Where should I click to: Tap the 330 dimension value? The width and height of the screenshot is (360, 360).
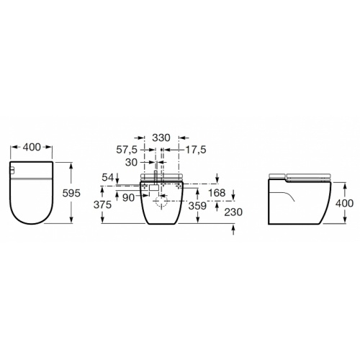pyautogui.click(x=162, y=137)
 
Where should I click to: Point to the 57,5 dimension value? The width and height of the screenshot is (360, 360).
pyautogui.click(x=129, y=150)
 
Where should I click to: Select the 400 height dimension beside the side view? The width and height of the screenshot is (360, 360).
pyautogui.click(x=345, y=203)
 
